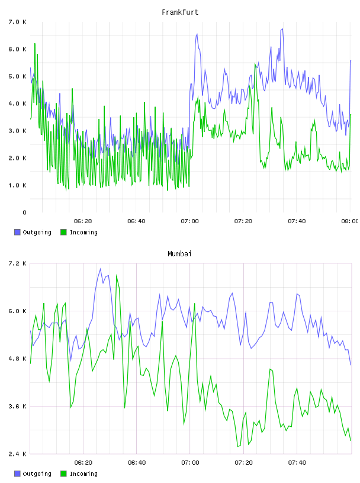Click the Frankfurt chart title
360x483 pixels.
[x=180, y=12]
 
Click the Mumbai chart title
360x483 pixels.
[x=179, y=254]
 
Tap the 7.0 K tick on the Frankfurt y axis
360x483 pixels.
[x=18, y=22]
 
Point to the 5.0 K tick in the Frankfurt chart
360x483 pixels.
[x=18, y=76]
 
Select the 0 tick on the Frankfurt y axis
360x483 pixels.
[x=24, y=212]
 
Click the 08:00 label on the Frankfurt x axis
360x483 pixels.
[x=350, y=221]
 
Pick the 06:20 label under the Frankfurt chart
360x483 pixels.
[x=83, y=221]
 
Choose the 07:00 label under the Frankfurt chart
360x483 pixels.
[x=190, y=221]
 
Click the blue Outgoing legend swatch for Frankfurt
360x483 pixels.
[x=17, y=232]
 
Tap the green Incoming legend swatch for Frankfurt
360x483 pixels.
[x=63, y=232]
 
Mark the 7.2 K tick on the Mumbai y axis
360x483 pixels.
[x=18, y=263]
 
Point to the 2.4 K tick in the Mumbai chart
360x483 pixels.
[x=18, y=454]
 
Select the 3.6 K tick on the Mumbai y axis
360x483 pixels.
[x=18, y=406]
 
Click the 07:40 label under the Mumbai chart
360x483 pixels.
[x=297, y=462]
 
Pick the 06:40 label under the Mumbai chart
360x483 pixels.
[x=137, y=462]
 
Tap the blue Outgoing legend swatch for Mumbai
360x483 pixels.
[x=17, y=474]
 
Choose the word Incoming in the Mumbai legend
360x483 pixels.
[x=83, y=474]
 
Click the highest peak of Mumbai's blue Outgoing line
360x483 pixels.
[x=100, y=269]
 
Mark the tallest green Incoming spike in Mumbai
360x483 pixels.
[x=116, y=275]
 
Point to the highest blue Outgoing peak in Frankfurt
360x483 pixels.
[x=282, y=29]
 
